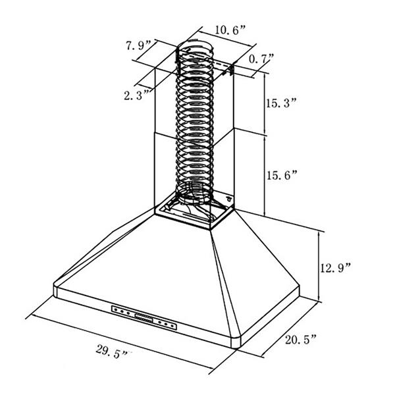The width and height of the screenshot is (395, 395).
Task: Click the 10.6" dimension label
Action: tap(230, 30)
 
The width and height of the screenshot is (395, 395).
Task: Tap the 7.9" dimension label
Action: tap(138, 45)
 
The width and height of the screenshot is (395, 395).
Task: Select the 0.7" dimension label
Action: tap(261, 59)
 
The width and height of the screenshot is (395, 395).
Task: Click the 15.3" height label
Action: tap(282, 103)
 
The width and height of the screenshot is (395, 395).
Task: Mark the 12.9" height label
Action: tap(335, 268)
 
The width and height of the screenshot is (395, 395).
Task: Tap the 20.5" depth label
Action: tap(301, 340)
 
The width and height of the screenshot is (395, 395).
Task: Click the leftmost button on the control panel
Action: tap(116, 310)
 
